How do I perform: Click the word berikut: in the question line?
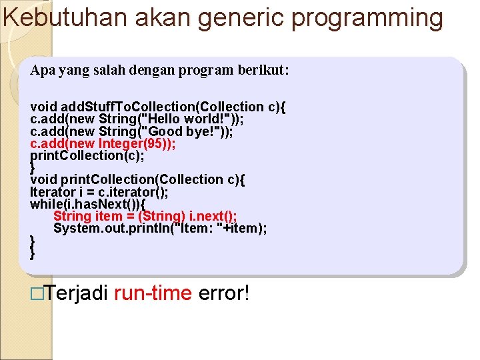click(262, 70)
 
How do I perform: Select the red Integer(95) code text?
click(135, 143)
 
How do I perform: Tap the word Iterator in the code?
click(52, 192)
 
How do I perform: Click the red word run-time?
click(153, 292)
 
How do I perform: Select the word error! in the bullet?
click(223, 292)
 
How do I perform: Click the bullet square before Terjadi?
click(37, 292)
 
